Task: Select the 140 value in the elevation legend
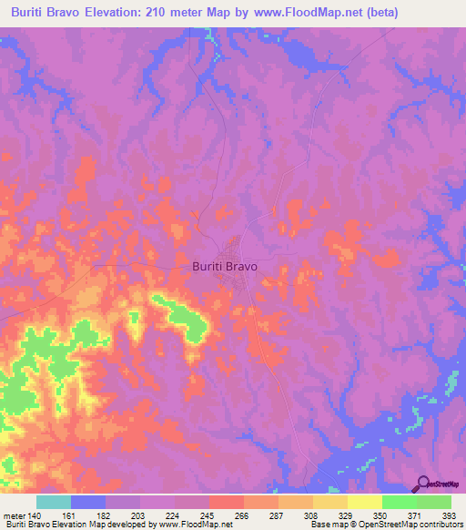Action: [x=30, y=515]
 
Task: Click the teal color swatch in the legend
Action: [x=54, y=502]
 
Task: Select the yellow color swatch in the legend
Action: [x=365, y=502]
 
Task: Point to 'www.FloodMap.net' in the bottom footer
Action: [x=194, y=525]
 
